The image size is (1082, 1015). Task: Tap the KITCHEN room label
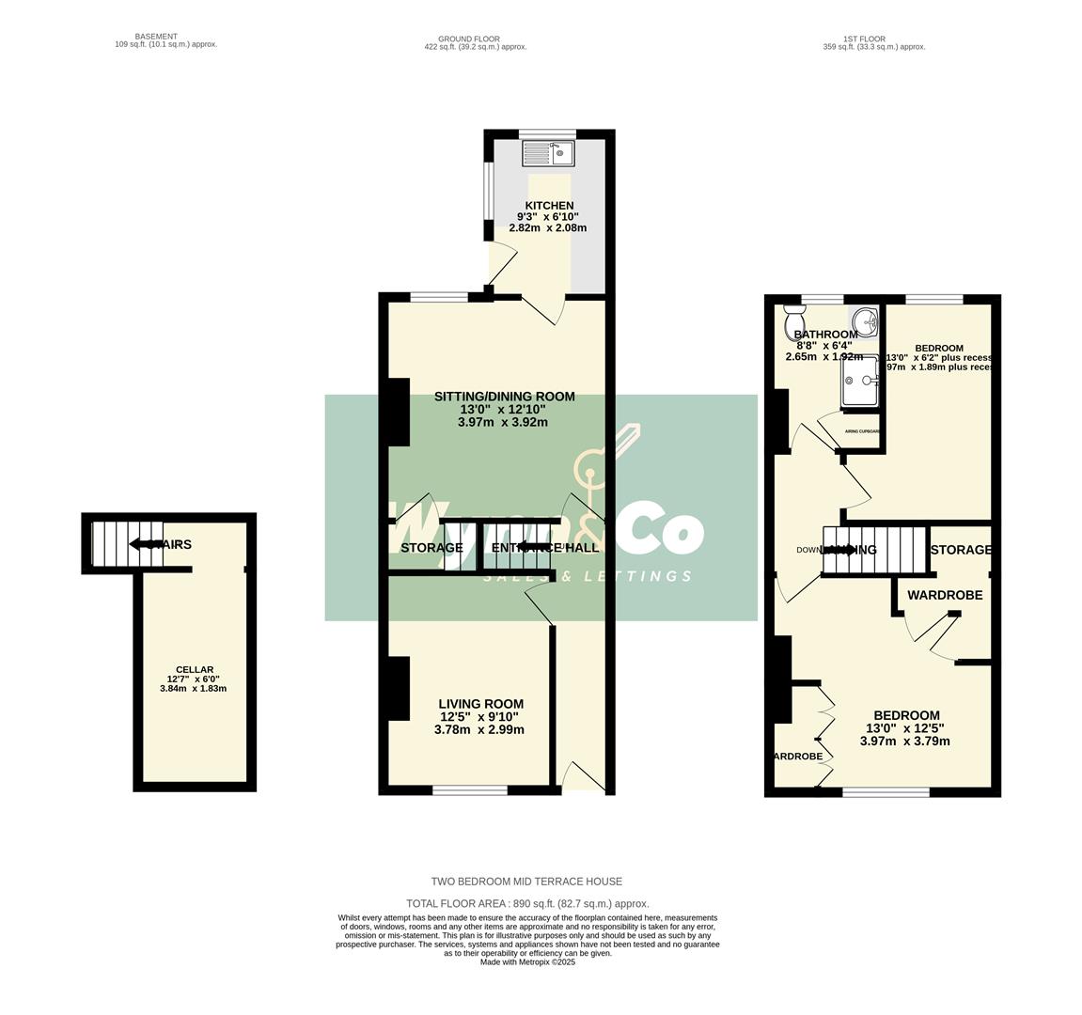(x=549, y=206)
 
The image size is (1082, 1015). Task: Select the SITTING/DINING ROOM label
(x=504, y=397)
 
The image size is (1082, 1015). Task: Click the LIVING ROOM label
(x=480, y=704)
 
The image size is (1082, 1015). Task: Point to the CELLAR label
(x=195, y=669)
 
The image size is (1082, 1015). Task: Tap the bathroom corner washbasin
(x=866, y=320)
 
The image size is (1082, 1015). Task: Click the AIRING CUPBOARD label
(x=862, y=431)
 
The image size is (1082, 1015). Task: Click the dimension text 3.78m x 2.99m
(x=479, y=730)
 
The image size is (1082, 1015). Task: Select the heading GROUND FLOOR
(x=475, y=39)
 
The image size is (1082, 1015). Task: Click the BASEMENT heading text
(x=156, y=37)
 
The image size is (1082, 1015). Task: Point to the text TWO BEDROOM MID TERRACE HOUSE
(x=526, y=882)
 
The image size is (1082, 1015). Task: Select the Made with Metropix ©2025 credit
(x=527, y=962)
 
